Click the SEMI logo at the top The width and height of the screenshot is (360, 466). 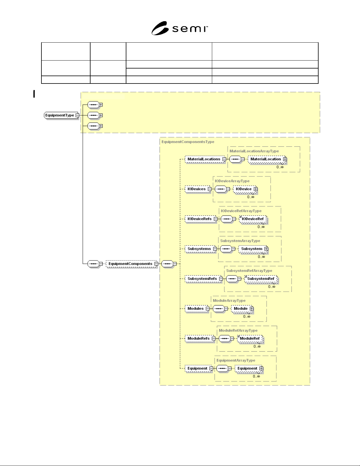(x=180, y=28)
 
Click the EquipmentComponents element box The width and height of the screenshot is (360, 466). (x=132, y=263)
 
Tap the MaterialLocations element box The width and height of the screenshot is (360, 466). (x=205, y=159)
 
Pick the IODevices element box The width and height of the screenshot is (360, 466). (x=198, y=189)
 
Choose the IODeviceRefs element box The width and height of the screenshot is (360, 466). (x=201, y=219)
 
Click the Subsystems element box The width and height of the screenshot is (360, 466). (x=201, y=249)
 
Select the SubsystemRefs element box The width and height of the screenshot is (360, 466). (x=204, y=278)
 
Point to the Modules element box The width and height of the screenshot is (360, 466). (x=197, y=308)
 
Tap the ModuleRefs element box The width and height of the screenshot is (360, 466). (x=200, y=338)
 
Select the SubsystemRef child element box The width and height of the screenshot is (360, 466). (x=261, y=279)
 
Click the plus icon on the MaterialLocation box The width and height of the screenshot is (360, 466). (x=285, y=159)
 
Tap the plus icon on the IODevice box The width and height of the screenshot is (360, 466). (x=255, y=189)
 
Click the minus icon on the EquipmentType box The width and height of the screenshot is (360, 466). (x=77, y=115)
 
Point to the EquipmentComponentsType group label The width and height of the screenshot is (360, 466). (x=188, y=142)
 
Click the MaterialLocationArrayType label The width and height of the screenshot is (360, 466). (x=254, y=151)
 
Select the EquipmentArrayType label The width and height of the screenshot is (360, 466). (x=236, y=360)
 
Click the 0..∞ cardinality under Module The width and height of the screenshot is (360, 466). (x=247, y=317)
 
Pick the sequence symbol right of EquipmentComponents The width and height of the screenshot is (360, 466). (x=167, y=264)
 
